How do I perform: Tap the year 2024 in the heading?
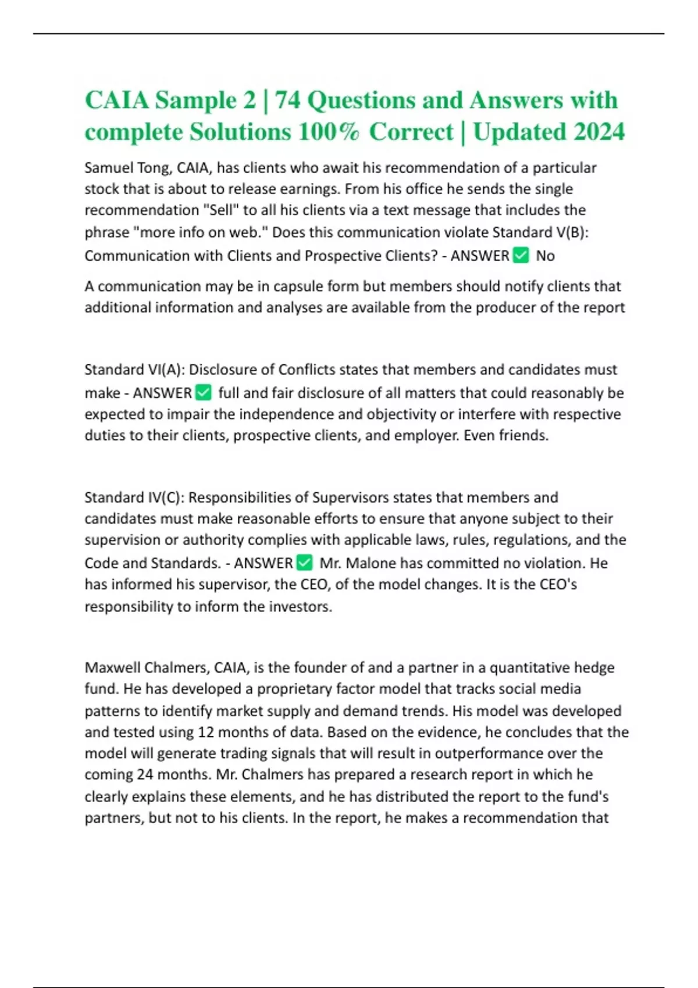click(599, 132)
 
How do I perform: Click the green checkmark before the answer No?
click(521, 255)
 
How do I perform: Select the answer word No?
click(545, 256)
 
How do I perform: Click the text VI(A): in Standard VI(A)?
click(166, 370)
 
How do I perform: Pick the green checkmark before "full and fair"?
click(204, 393)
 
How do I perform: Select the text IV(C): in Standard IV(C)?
click(165, 497)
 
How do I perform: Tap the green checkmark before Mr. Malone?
click(305, 563)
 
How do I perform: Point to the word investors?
click(298, 607)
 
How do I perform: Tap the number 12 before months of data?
click(206, 732)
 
